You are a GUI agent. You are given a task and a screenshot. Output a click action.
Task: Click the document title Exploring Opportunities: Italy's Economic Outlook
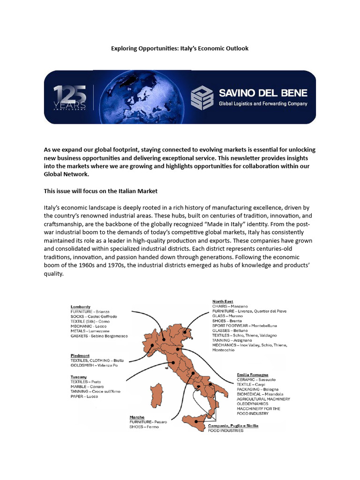point(180,48)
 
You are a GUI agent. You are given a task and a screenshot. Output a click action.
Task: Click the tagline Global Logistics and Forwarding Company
point(263,104)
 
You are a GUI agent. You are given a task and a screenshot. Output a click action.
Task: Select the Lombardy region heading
point(80,307)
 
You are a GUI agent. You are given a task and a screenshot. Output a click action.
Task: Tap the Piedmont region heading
point(81,355)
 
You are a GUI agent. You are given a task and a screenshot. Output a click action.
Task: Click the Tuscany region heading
point(79,377)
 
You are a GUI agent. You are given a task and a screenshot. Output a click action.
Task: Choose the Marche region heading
point(137,417)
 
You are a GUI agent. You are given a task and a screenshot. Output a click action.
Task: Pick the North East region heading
point(223,301)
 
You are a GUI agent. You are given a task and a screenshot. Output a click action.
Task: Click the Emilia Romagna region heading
point(253,375)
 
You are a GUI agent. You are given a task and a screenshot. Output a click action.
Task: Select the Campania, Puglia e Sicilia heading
point(233,425)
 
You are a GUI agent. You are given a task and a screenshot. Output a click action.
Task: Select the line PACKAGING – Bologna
point(257,389)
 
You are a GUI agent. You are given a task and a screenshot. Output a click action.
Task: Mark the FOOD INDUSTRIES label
point(225,430)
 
